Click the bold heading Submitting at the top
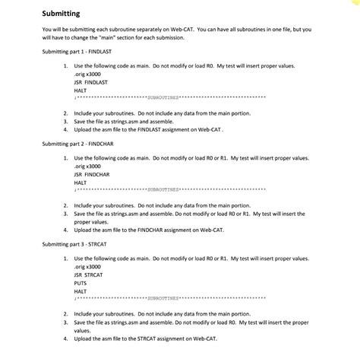[60, 14]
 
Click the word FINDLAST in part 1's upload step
[155, 130]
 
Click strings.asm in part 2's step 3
[119, 214]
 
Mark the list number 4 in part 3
[66, 338]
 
